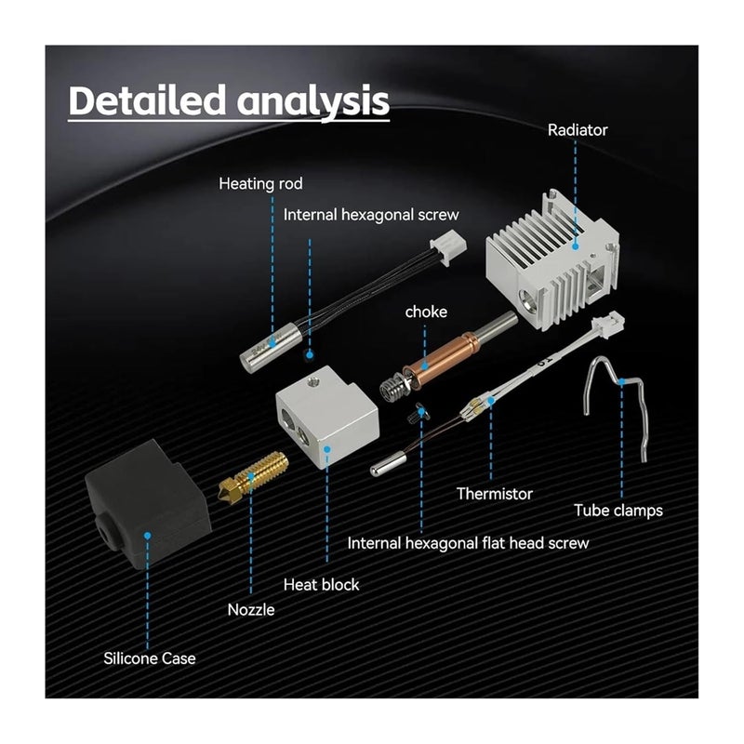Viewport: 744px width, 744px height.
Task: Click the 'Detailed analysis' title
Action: pyautogui.click(x=229, y=100)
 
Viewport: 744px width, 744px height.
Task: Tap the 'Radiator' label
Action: pyautogui.click(x=578, y=129)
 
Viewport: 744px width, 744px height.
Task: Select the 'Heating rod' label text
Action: pyautogui.click(x=260, y=183)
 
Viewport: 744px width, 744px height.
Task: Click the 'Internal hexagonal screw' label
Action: pyautogui.click(x=371, y=214)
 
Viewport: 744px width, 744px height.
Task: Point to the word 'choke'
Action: pyautogui.click(x=426, y=312)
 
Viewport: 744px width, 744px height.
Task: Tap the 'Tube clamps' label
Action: pyautogui.click(x=618, y=510)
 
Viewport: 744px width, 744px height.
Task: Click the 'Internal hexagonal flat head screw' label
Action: pyautogui.click(x=468, y=542)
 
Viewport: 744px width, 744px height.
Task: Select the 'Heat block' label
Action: pyautogui.click(x=321, y=585)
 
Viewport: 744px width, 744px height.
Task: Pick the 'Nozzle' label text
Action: pyautogui.click(x=251, y=610)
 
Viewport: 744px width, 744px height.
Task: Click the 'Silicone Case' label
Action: pyautogui.click(x=150, y=658)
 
